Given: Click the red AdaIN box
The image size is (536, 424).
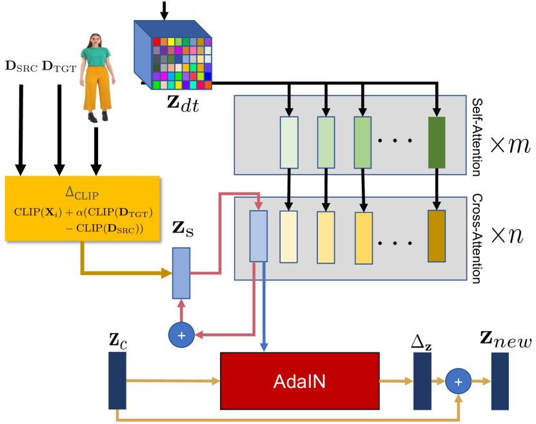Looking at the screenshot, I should (299, 381).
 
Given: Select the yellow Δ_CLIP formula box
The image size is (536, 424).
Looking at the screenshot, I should (83, 208).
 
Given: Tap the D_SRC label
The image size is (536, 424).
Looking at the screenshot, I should (21, 66).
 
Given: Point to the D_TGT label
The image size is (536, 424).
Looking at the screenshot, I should (59, 66).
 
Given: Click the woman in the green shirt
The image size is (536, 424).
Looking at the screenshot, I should (95, 81).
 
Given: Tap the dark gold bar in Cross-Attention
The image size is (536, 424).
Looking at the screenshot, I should (437, 236).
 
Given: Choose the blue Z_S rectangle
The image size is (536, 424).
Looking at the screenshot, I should (182, 273).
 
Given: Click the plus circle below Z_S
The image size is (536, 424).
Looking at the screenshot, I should (181, 335).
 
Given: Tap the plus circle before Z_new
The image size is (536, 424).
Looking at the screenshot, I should (459, 381).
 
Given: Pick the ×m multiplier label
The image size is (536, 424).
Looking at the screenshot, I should (510, 144).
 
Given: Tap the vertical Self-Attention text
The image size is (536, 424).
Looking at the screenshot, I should (477, 137).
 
